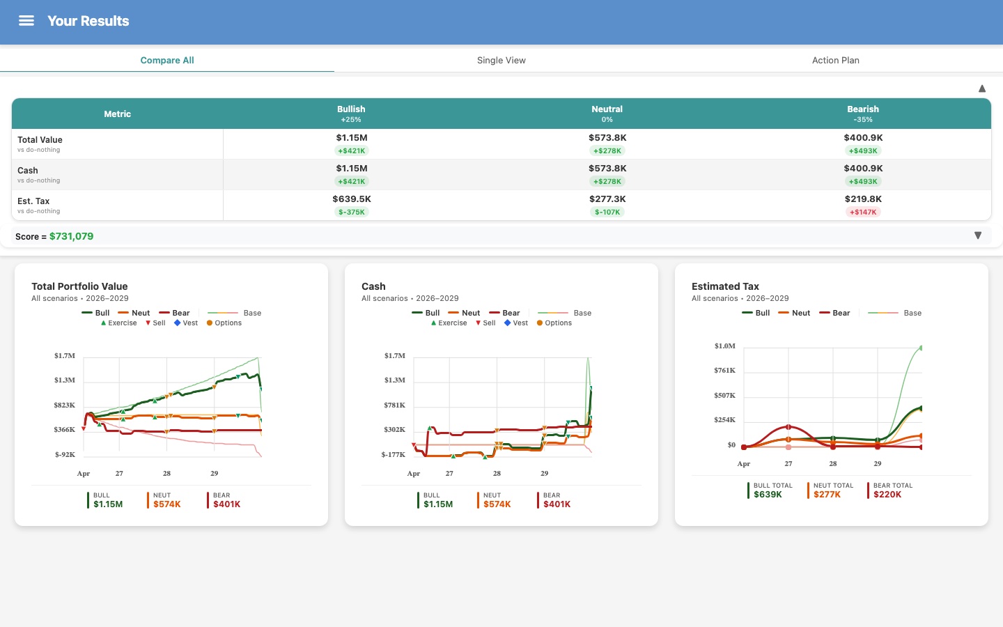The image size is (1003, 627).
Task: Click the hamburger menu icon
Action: pyautogui.click(x=26, y=21)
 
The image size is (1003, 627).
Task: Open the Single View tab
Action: pyautogui.click(x=501, y=61)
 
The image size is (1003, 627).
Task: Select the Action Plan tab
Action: pyautogui.click(x=835, y=61)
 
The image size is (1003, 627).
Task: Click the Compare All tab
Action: pyautogui.click(x=167, y=61)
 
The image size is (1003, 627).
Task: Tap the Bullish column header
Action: pyautogui.click(x=351, y=113)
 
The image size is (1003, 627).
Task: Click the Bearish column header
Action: pyautogui.click(x=862, y=113)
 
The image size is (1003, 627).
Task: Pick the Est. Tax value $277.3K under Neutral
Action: pyautogui.click(x=607, y=199)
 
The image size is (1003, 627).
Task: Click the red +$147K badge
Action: pyautogui.click(x=863, y=212)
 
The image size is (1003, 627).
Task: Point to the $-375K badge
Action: pyautogui.click(x=351, y=212)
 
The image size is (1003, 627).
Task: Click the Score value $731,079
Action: pyautogui.click(x=71, y=237)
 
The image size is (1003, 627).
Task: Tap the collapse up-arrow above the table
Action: pyautogui.click(x=981, y=88)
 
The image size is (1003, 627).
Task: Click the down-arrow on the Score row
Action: pyautogui.click(x=977, y=236)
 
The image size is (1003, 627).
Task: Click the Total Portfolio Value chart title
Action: pyautogui.click(x=79, y=286)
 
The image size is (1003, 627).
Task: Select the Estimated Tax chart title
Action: pyautogui.click(x=725, y=286)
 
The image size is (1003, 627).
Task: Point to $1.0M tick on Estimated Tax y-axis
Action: pyautogui.click(x=724, y=346)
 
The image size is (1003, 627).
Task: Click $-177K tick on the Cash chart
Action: pyautogui.click(x=393, y=455)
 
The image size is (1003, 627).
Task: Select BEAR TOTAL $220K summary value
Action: pyautogui.click(x=887, y=495)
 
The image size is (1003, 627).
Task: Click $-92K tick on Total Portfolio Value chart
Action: pyautogui.click(x=65, y=455)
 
